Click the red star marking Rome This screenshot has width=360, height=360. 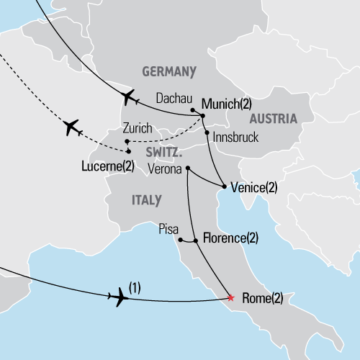tap(230, 297)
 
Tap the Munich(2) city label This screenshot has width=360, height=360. tap(227, 104)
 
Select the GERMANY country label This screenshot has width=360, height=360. tap(169, 71)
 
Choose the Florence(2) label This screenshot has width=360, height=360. tap(230, 238)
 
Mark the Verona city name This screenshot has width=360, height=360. tap(165, 169)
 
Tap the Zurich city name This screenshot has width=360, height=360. tap(138, 128)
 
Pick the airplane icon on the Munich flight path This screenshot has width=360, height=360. tap(130, 96)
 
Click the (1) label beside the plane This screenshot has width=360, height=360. tap(134, 287)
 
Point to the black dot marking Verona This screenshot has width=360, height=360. tap(187, 168)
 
